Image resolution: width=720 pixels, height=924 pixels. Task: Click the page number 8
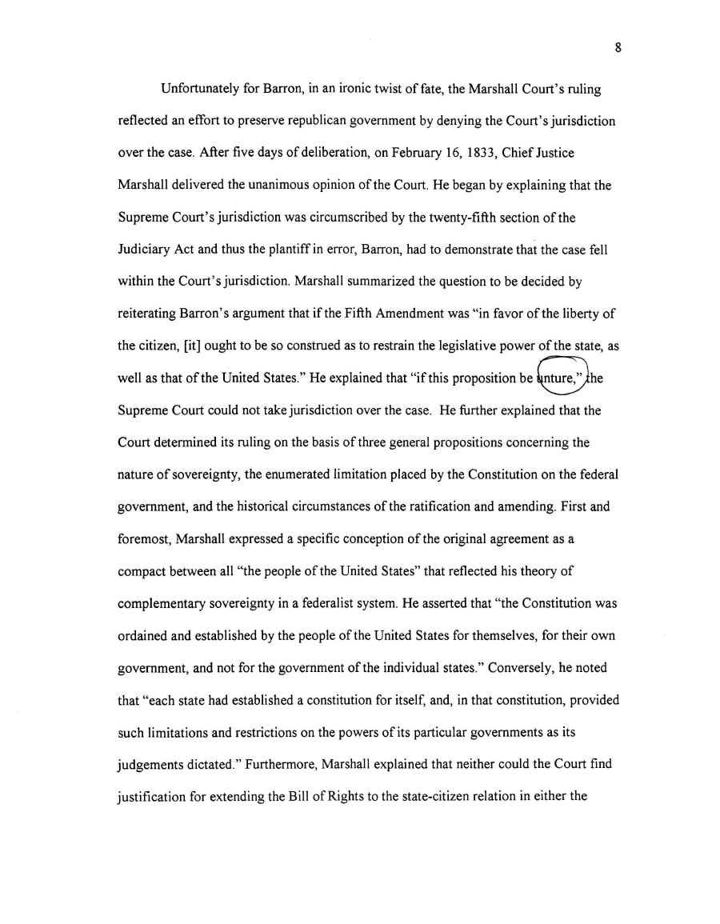pos(618,48)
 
